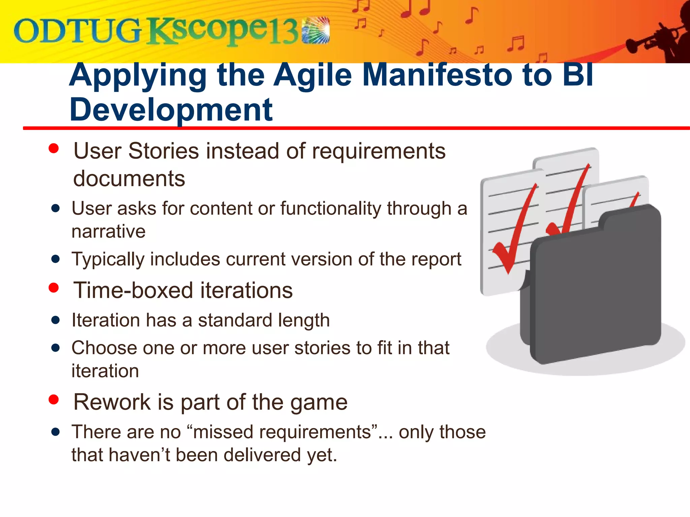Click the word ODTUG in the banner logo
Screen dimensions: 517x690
[77, 31]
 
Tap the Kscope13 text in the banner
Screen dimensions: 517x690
[222, 31]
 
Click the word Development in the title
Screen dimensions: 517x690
[171, 110]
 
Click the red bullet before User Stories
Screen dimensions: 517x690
[54, 148]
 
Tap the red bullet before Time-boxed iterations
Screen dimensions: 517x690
[54, 288]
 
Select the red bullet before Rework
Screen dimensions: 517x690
[54, 400]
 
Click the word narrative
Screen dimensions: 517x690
[108, 232]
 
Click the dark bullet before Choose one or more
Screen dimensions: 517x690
[56, 348]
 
